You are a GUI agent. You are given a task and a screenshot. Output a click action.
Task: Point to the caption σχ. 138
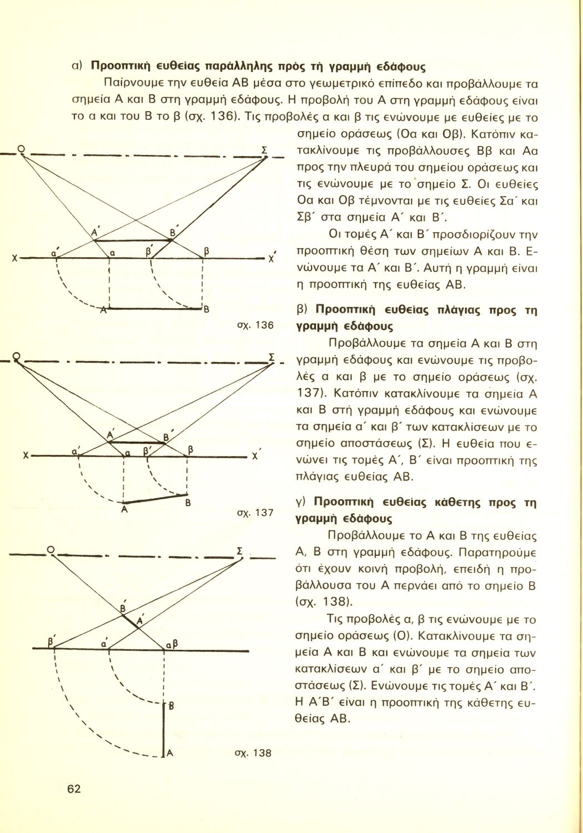pos(258,754)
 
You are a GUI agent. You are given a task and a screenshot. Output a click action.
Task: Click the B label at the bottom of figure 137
pos(188,503)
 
